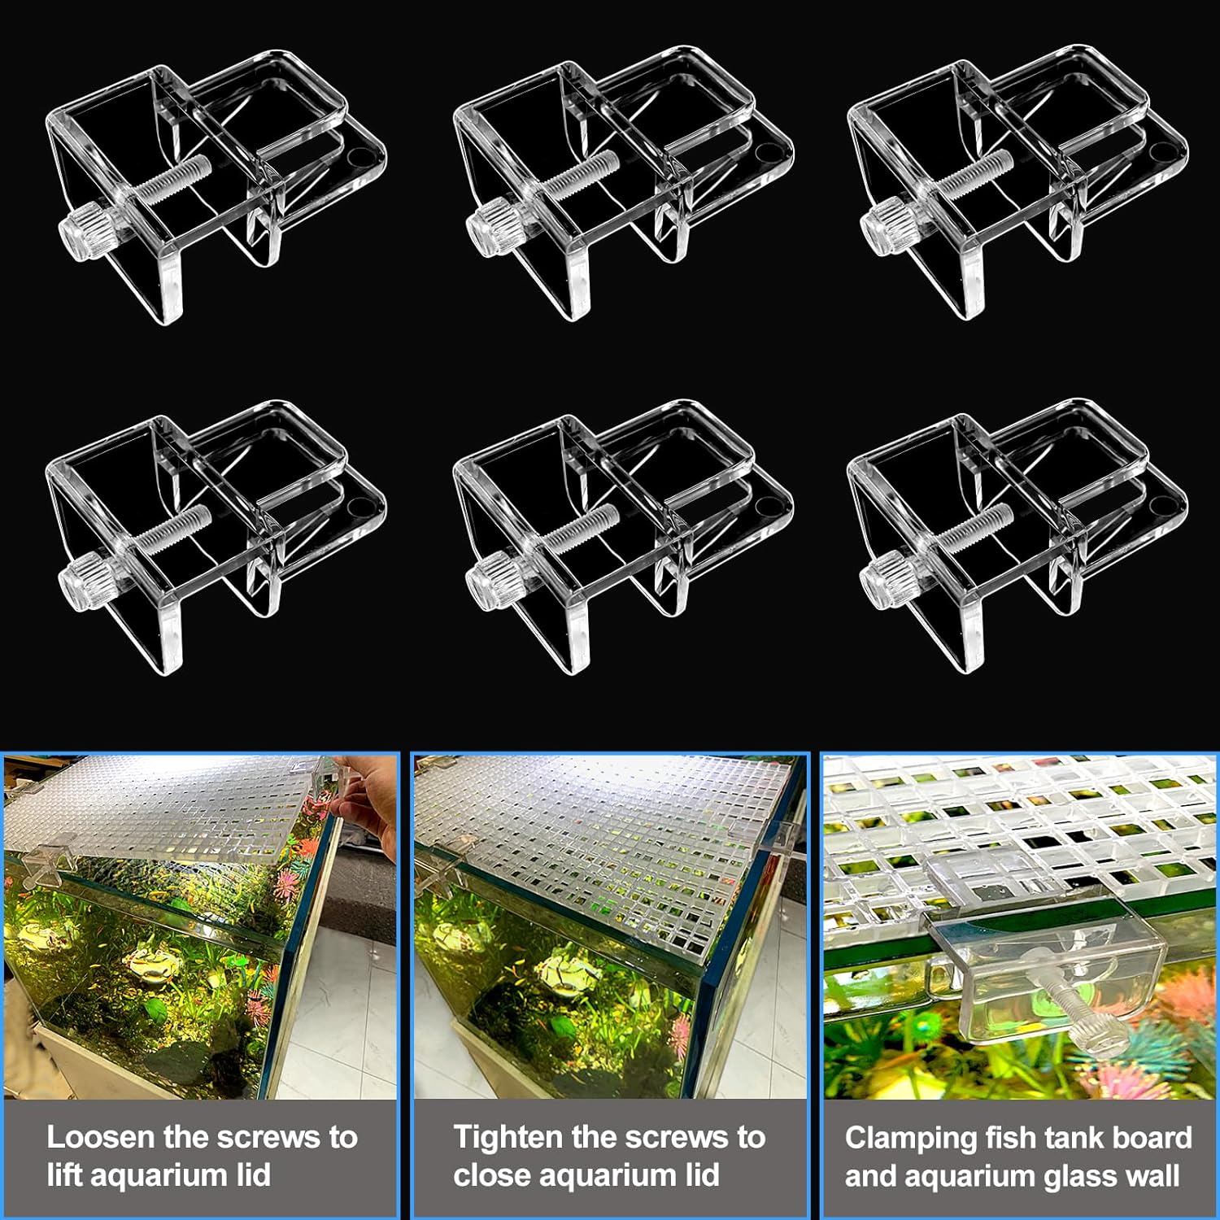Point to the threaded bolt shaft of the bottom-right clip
pos(975,528)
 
